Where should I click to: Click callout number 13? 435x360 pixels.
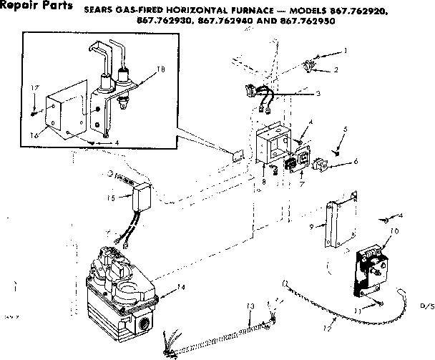[249, 306]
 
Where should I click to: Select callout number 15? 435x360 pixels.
[111, 198]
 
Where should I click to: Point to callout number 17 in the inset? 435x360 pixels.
[33, 87]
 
